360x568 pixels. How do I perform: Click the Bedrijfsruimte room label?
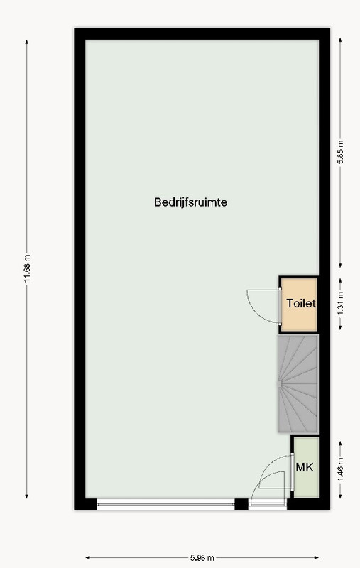coord(190,202)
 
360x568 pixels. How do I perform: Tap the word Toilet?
coord(301,303)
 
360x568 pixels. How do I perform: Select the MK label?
coord(305,467)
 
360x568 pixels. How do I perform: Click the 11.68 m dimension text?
coord(27,268)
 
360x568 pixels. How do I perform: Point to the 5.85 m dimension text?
coord(340,152)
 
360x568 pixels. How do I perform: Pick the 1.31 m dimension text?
coord(340,304)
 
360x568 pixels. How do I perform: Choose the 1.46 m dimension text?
coord(340,470)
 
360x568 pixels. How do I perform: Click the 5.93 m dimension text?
coord(202,558)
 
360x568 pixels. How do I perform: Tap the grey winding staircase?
coord(298,383)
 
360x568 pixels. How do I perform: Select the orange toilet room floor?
coord(299,305)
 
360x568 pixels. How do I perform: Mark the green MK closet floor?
coord(306,467)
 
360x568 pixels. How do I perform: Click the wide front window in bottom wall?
coord(165,504)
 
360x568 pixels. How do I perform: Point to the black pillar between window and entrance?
coord(241,504)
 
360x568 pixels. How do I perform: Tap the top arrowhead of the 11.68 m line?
coord(26,42)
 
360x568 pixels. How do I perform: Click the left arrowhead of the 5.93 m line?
coord(88,558)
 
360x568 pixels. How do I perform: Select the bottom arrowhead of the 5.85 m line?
coord(340,265)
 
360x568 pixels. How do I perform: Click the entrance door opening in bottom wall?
coord(268,504)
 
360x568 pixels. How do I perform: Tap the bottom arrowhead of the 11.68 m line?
coord(26,496)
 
